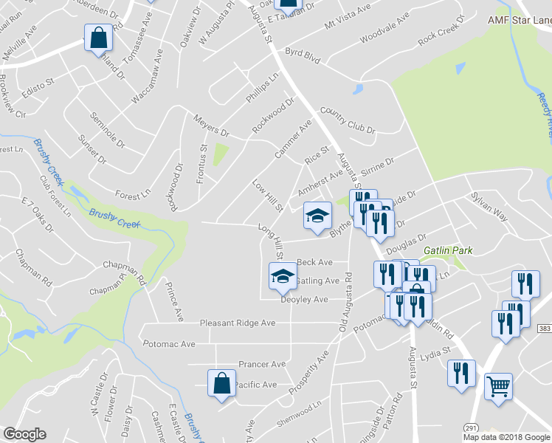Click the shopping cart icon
(499, 385)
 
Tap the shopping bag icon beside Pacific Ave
(221, 382)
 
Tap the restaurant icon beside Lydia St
(461, 373)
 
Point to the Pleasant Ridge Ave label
(238, 323)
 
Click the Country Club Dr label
(348, 121)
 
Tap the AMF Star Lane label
(520, 20)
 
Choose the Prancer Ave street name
(261, 364)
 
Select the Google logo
(24, 434)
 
